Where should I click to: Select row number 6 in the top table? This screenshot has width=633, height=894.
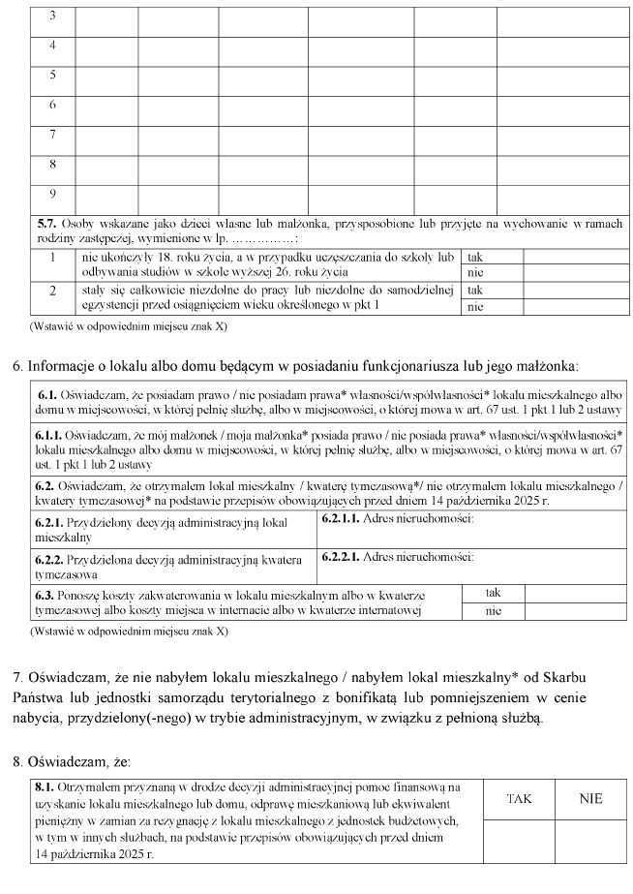pyautogui.click(x=52, y=105)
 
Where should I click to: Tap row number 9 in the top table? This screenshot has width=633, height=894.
pyautogui.click(x=52, y=193)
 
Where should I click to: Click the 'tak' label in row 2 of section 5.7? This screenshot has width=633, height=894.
pyautogui.click(x=474, y=290)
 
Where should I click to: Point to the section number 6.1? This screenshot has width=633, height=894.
pyautogui.click(x=48, y=397)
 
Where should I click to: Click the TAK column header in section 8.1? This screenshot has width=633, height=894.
pyautogui.click(x=519, y=798)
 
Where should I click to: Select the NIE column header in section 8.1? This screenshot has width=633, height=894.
pyautogui.click(x=590, y=798)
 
